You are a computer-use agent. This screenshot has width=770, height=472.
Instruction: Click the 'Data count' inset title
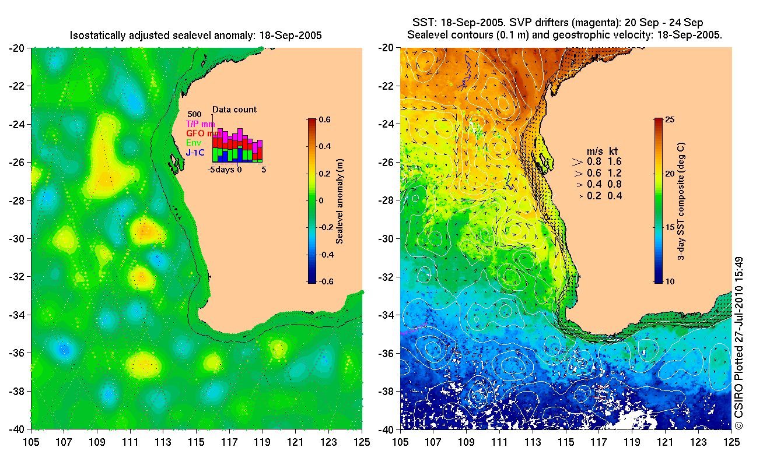tap(234, 110)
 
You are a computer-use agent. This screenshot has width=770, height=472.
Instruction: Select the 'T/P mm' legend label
tap(200, 124)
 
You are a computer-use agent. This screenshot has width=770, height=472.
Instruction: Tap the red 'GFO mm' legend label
tap(200, 133)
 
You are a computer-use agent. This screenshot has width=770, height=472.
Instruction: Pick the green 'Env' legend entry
tap(193, 143)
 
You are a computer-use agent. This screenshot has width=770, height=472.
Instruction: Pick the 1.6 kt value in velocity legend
tap(615, 162)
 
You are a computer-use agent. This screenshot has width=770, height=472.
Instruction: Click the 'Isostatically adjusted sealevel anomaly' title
tap(195, 36)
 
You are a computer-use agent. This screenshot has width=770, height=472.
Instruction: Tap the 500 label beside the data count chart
tap(195, 114)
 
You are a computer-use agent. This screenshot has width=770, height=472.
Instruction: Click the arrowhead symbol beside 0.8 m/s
tap(578, 162)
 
